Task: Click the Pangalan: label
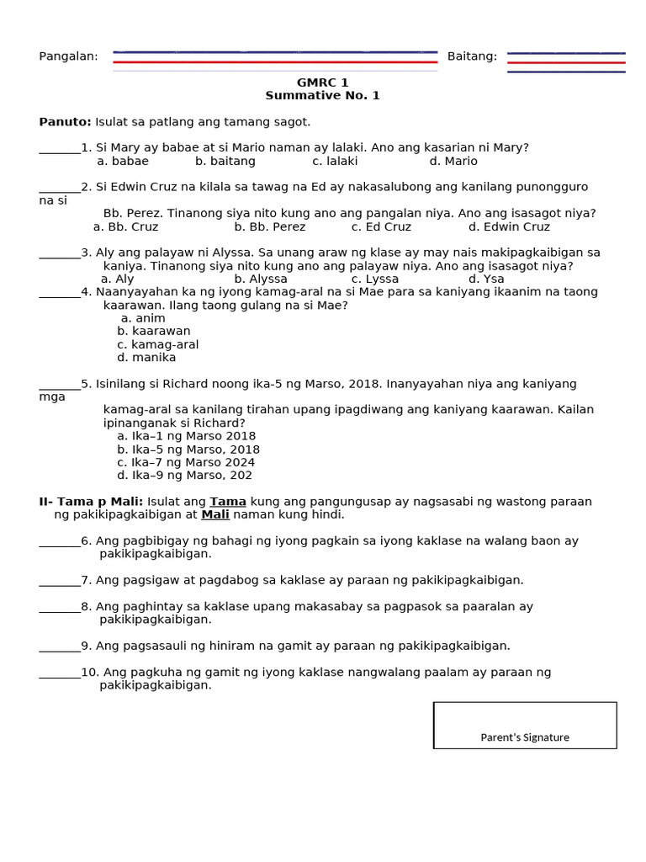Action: pos(68,56)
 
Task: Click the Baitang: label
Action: pos(472,56)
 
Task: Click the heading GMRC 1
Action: pos(322,82)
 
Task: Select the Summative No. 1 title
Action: pos(322,96)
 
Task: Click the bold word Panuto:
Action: pos(66,122)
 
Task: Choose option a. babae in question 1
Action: pos(123,162)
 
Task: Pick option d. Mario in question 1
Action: pos(453,162)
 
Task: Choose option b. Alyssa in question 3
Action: pos(261,279)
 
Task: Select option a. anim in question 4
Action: pos(143,318)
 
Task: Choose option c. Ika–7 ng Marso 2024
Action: pos(186,462)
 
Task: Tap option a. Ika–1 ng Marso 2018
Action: pos(187,436)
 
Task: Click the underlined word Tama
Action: pos(228,502)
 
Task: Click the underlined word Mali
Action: pos(215,514)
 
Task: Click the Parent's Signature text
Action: pos(525,737)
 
